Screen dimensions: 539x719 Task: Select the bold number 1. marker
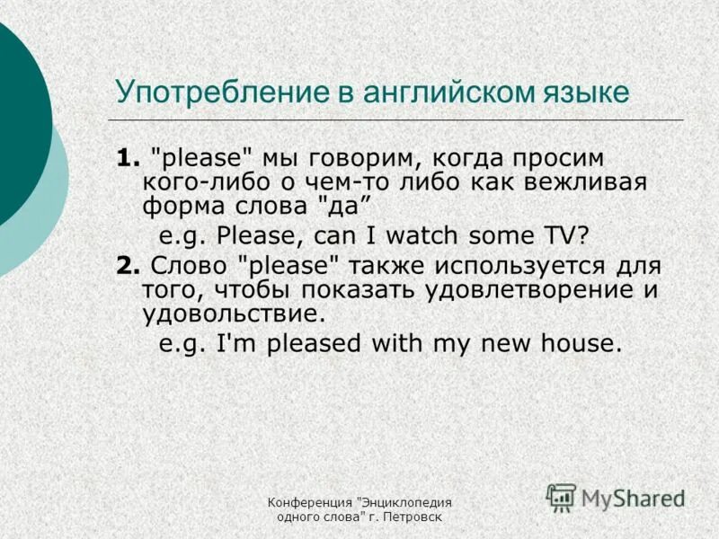point(127,159)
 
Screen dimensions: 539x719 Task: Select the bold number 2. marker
point(127,267)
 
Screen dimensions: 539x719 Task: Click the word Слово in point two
point(189,267)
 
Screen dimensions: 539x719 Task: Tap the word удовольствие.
point(233,313)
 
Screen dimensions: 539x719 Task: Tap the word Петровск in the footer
point(416,517)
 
